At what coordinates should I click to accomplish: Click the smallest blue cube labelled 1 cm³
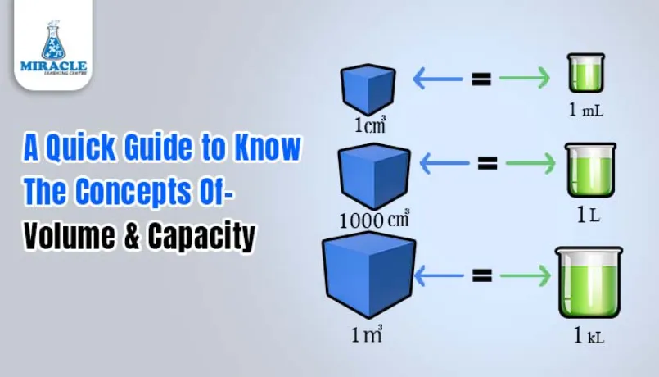coord(368,89)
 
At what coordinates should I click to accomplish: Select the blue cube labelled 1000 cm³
coord(374,176)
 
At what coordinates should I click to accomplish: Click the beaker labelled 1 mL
coord(586,74)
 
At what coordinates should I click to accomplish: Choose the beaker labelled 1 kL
coord(588,283)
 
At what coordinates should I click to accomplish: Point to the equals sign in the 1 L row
coord(488,163)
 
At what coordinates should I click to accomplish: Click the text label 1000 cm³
coord(373,219)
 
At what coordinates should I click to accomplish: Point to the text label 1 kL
coord(589,337)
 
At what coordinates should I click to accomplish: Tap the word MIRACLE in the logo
coord(53,65)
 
